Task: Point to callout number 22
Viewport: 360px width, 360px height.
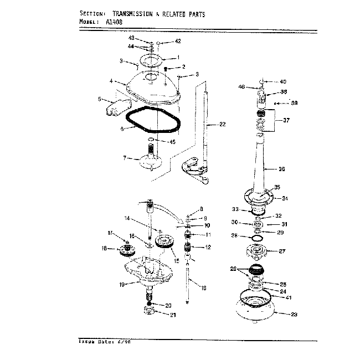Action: click(222, 125)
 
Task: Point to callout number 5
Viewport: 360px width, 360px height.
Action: click(100, 100)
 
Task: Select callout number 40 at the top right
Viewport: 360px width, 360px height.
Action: click(283, 81)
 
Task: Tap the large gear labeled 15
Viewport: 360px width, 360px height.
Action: click(164, 241)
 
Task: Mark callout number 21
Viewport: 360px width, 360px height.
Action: click(172, 315)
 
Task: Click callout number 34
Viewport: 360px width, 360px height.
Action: click(286, 198)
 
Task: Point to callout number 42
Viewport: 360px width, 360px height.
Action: click(178, 41)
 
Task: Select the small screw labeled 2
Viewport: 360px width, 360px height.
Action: click(166, 69)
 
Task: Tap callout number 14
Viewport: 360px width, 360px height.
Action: click(127, 218)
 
